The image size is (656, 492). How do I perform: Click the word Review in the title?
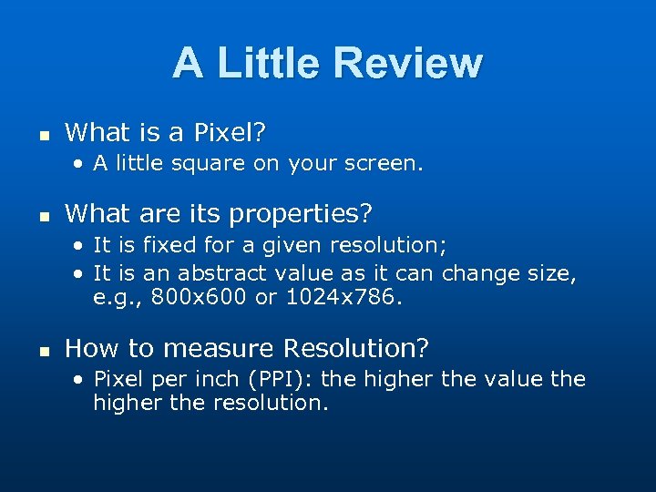tap(407, 63)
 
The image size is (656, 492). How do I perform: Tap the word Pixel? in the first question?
tap(230, 133)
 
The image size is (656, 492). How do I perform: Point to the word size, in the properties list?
tap(549, 273)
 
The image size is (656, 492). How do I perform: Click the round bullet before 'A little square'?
tap(81, 165)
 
